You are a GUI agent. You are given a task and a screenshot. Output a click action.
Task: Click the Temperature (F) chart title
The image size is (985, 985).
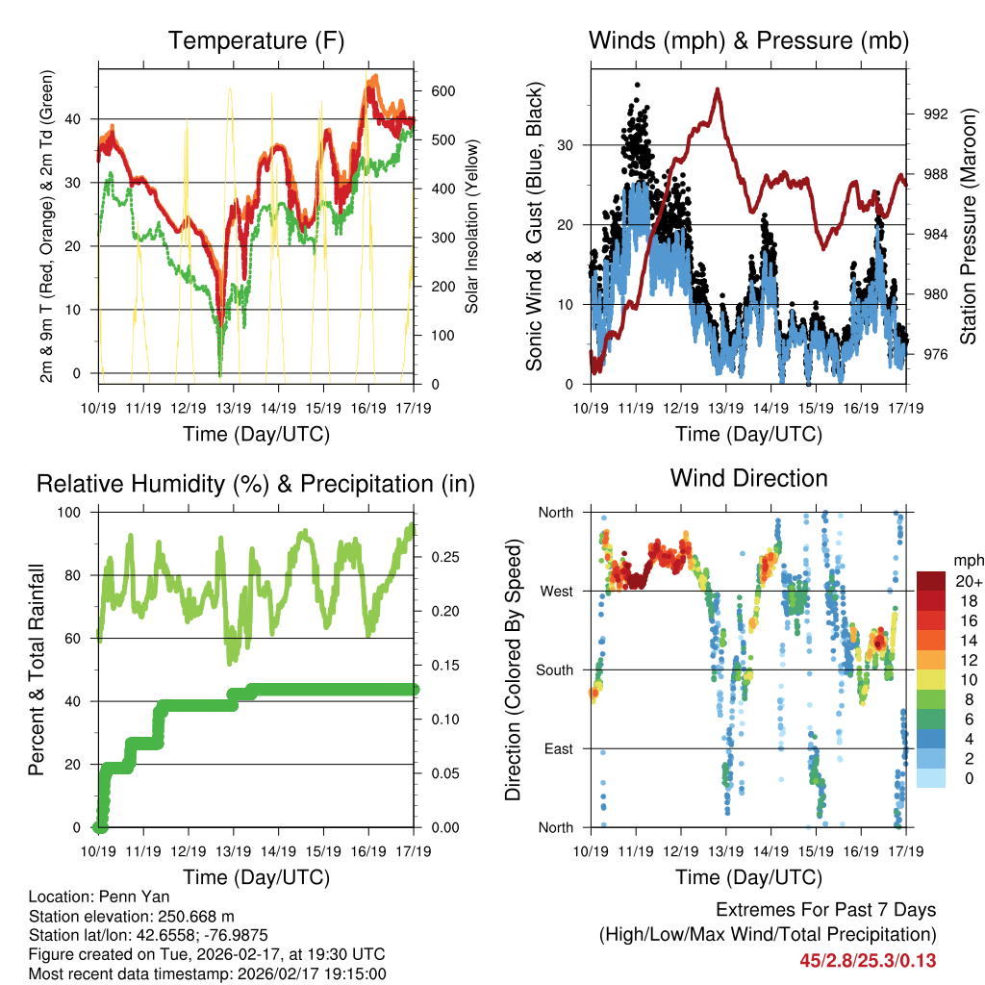pos(256,40)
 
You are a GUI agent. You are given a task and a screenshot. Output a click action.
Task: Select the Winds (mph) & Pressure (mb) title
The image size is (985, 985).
pos(748,40)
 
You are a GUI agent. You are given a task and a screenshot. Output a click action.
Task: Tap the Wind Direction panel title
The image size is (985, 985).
pos(748,477)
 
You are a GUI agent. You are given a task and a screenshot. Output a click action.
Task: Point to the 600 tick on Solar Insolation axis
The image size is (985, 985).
pos(443,91)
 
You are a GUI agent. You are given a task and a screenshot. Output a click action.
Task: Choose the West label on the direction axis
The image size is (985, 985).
pos(555,591)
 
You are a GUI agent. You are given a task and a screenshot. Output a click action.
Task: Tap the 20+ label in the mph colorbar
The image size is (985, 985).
pos(968,582)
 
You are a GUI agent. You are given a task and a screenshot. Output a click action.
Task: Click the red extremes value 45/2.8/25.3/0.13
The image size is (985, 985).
pos(868,960)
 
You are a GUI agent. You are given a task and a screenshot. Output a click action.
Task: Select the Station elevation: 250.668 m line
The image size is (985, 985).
pos(132,916)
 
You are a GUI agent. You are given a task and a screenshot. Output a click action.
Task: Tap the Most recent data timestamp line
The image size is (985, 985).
pos(208,973)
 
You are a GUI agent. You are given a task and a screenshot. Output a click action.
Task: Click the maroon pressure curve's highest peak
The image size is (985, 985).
pos(717,89)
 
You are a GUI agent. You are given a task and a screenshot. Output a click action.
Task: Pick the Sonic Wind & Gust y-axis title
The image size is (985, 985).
pos(534,226)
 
